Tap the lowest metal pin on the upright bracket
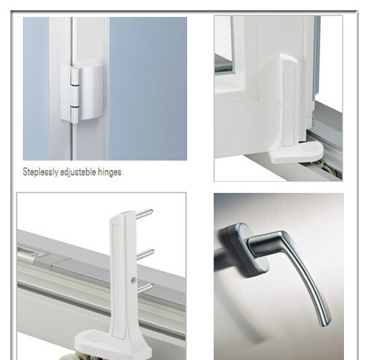(x=145, y=287)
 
